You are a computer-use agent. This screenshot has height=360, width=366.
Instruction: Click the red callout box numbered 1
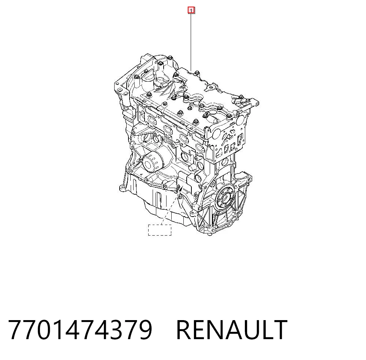(x=191, y=11)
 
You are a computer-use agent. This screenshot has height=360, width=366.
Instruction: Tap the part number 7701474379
(x=80, y=330)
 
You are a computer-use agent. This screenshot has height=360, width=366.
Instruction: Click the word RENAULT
(x=232, y=330)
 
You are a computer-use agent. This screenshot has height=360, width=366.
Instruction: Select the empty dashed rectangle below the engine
(x=160, y=230)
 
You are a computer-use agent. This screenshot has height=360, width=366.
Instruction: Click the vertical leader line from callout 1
(x=191, y=42)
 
